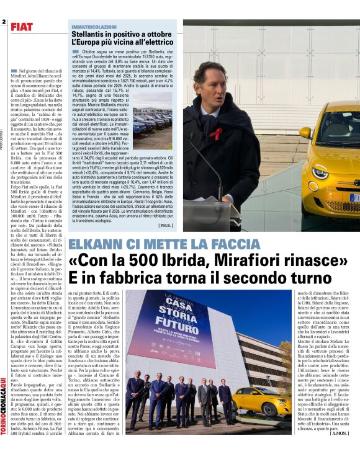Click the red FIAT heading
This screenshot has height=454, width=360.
22,27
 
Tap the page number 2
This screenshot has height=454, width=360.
4,22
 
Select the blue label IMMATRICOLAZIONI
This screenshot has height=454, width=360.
94,27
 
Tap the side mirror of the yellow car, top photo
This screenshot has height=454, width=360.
305,132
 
